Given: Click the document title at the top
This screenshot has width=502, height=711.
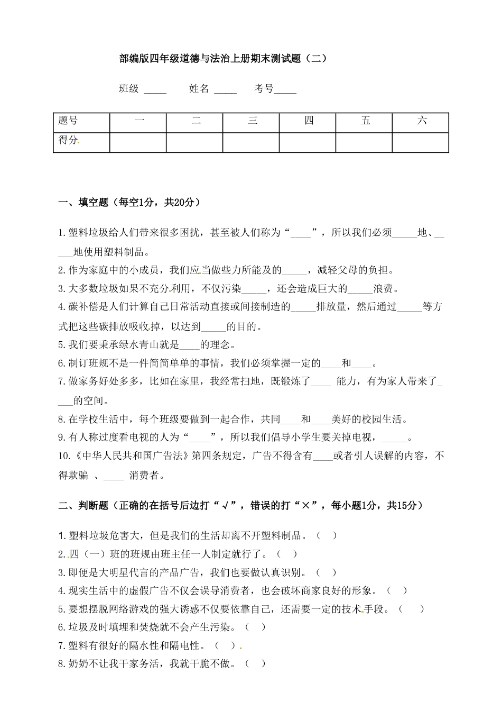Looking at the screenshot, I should pyautogui.click(x=224, y=59).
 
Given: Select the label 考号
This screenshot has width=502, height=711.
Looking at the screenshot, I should pyautogui.click(x=264, y=89).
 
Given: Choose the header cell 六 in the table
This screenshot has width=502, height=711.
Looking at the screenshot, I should pyautogui.click(x=421, y=121).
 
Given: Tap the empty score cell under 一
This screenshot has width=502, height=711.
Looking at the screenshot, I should pyautogui.click(x=138, y=142).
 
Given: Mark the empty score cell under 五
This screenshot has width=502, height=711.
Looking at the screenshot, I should pyautogui.click(x=364, y=142).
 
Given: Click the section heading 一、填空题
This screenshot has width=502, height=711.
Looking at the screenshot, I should pyautogui.click(x=129, y=202).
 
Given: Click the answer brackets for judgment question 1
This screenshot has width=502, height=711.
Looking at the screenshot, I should pyautogui.click(x=327, y=535).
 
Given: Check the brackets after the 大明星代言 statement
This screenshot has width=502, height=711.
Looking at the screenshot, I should pyautogui.click(x=326, y=572).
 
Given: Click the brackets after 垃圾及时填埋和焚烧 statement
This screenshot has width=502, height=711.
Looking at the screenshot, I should pyautogui.click(x=255, y=627).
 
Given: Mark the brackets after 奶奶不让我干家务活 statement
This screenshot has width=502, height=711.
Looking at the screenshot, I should pyautogui.click(x=255, y=664).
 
